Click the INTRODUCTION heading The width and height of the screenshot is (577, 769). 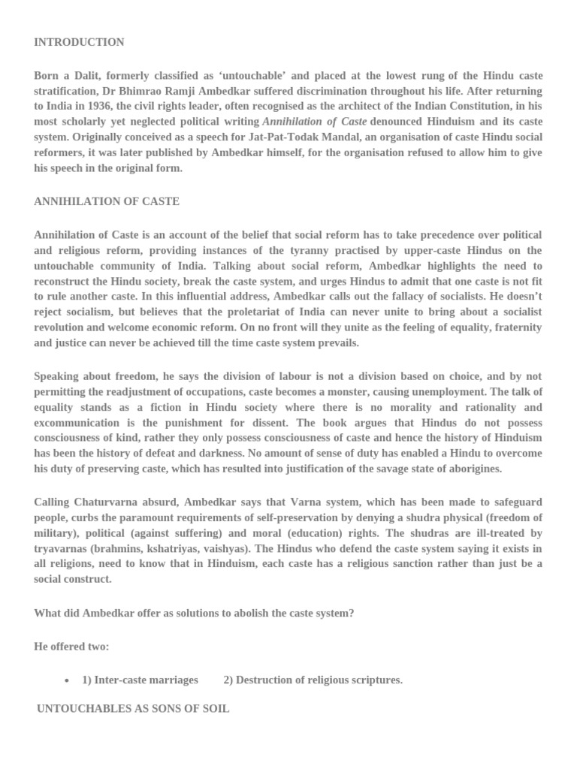click(x=79, y=42)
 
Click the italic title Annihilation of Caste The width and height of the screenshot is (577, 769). click(x=314, y=122)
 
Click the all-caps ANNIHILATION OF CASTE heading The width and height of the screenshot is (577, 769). click(x=107, y=202)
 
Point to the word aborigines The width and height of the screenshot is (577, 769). click(x=467, y=469)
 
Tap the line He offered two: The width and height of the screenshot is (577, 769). click(x=71, y=647)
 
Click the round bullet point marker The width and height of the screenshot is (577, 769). click(x=68, y=680)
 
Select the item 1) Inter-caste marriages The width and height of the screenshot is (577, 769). click(x=140, y=680)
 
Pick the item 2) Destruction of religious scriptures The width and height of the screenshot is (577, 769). click(x=313, y=680)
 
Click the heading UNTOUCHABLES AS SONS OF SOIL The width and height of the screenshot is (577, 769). click(x=133, y=708)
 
